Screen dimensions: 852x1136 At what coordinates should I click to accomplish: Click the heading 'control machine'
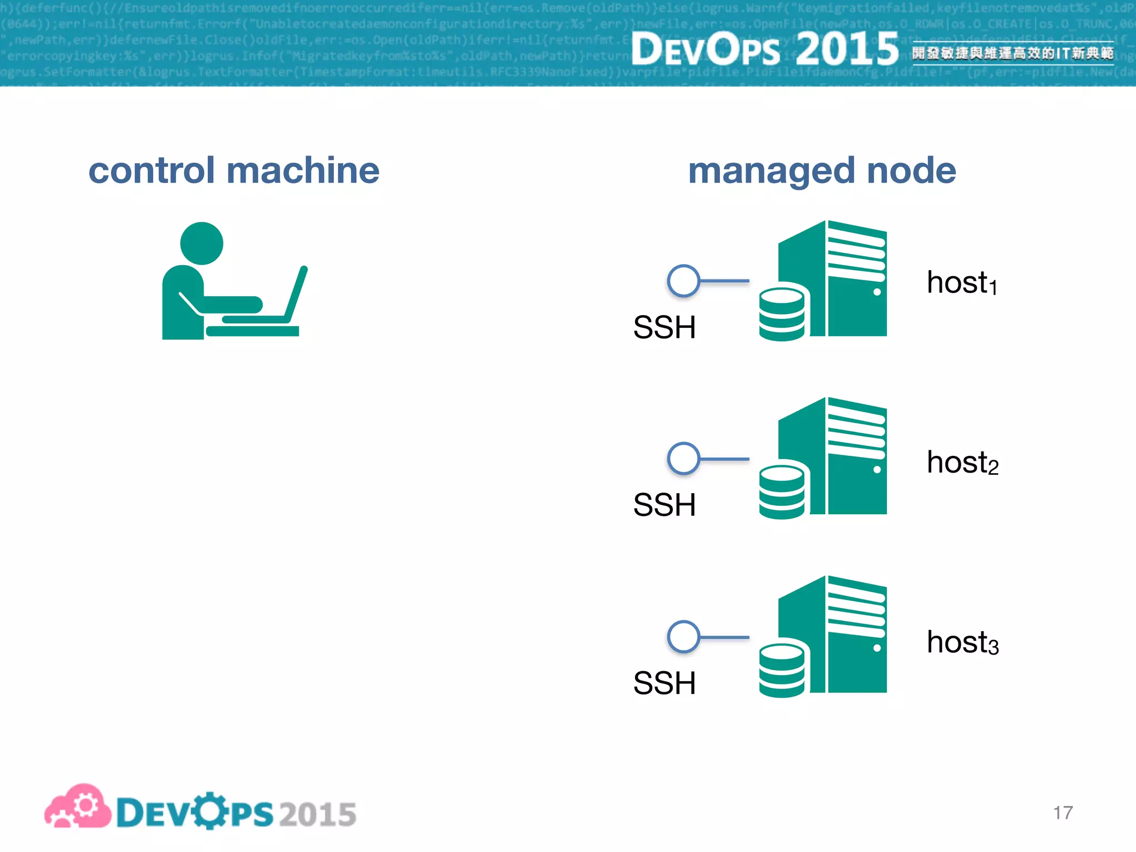(234, 170)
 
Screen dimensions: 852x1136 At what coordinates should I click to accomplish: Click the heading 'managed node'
(821, 170)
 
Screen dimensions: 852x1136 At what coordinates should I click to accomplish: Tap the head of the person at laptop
(201, 243)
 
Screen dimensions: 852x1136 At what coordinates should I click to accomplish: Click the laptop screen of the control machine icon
(296, 294)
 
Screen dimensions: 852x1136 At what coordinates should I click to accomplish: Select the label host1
(962, 282)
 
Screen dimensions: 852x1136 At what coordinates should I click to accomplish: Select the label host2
(962, 462)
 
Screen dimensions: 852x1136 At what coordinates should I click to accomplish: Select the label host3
(962, 642)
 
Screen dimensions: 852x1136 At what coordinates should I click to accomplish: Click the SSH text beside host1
(664, 327)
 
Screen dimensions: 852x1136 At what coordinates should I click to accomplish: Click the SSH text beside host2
(664, 505)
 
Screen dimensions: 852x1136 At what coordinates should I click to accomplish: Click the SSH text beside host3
(664, 683)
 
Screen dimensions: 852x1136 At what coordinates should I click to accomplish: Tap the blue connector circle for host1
(683, 281)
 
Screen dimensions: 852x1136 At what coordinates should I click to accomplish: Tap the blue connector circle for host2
(683, 459)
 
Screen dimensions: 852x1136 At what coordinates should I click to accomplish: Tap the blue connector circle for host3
(683, 637)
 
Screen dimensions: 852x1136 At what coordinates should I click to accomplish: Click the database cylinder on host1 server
(782, 313)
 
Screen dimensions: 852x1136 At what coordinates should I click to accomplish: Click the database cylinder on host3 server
(782, 670)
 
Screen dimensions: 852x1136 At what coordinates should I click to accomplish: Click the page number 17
(1063, 813)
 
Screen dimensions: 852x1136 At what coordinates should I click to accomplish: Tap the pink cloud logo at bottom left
(78, 807)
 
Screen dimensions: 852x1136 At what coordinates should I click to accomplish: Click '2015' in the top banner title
(846, 49)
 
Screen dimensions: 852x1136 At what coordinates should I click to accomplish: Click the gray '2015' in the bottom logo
(317, 814)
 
